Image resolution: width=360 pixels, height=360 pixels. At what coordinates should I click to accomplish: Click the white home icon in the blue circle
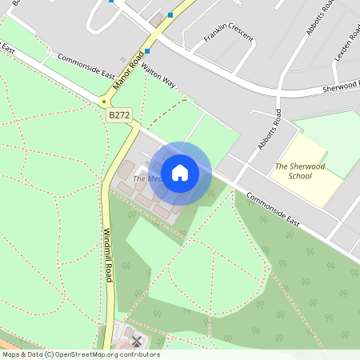pos(180,172)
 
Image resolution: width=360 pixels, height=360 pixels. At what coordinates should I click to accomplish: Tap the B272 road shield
pos(119,116)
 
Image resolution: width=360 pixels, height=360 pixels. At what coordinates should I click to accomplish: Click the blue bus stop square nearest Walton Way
pos(147,50)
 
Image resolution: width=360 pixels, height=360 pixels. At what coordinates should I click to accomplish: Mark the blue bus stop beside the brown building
pos(170,14)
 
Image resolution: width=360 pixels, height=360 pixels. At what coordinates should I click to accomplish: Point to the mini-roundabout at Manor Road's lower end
pos(103,102)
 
